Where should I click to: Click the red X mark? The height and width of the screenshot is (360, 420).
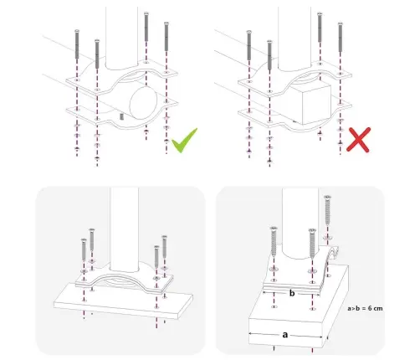tap(358, 140)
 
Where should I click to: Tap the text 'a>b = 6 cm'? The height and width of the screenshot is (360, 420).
tap(365, 308)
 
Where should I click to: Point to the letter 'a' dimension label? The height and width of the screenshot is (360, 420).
tap(284, 334)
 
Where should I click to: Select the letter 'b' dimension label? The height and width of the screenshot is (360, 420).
tap(292, 293)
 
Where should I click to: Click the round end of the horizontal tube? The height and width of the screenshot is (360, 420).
tap(143, 102)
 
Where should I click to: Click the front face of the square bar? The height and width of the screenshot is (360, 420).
tap(316, 105)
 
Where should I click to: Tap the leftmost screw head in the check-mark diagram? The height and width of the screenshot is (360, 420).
tap(77, 31)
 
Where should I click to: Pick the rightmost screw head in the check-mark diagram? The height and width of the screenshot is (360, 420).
tap(166, 23)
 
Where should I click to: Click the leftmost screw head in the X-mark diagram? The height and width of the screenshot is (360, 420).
tap(249, 32)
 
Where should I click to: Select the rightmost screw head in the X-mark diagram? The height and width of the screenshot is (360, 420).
tap(340, 24)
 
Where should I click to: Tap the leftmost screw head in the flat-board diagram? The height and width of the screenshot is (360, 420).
tap(84, 240)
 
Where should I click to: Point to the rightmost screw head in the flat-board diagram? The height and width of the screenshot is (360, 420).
tap(165, 237)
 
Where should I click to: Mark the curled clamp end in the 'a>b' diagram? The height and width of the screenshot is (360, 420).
tap(333, 255)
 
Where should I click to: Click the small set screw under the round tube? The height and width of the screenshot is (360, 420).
tap(121, 116)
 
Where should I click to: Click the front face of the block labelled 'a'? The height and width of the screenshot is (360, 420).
tap(285, 333)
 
